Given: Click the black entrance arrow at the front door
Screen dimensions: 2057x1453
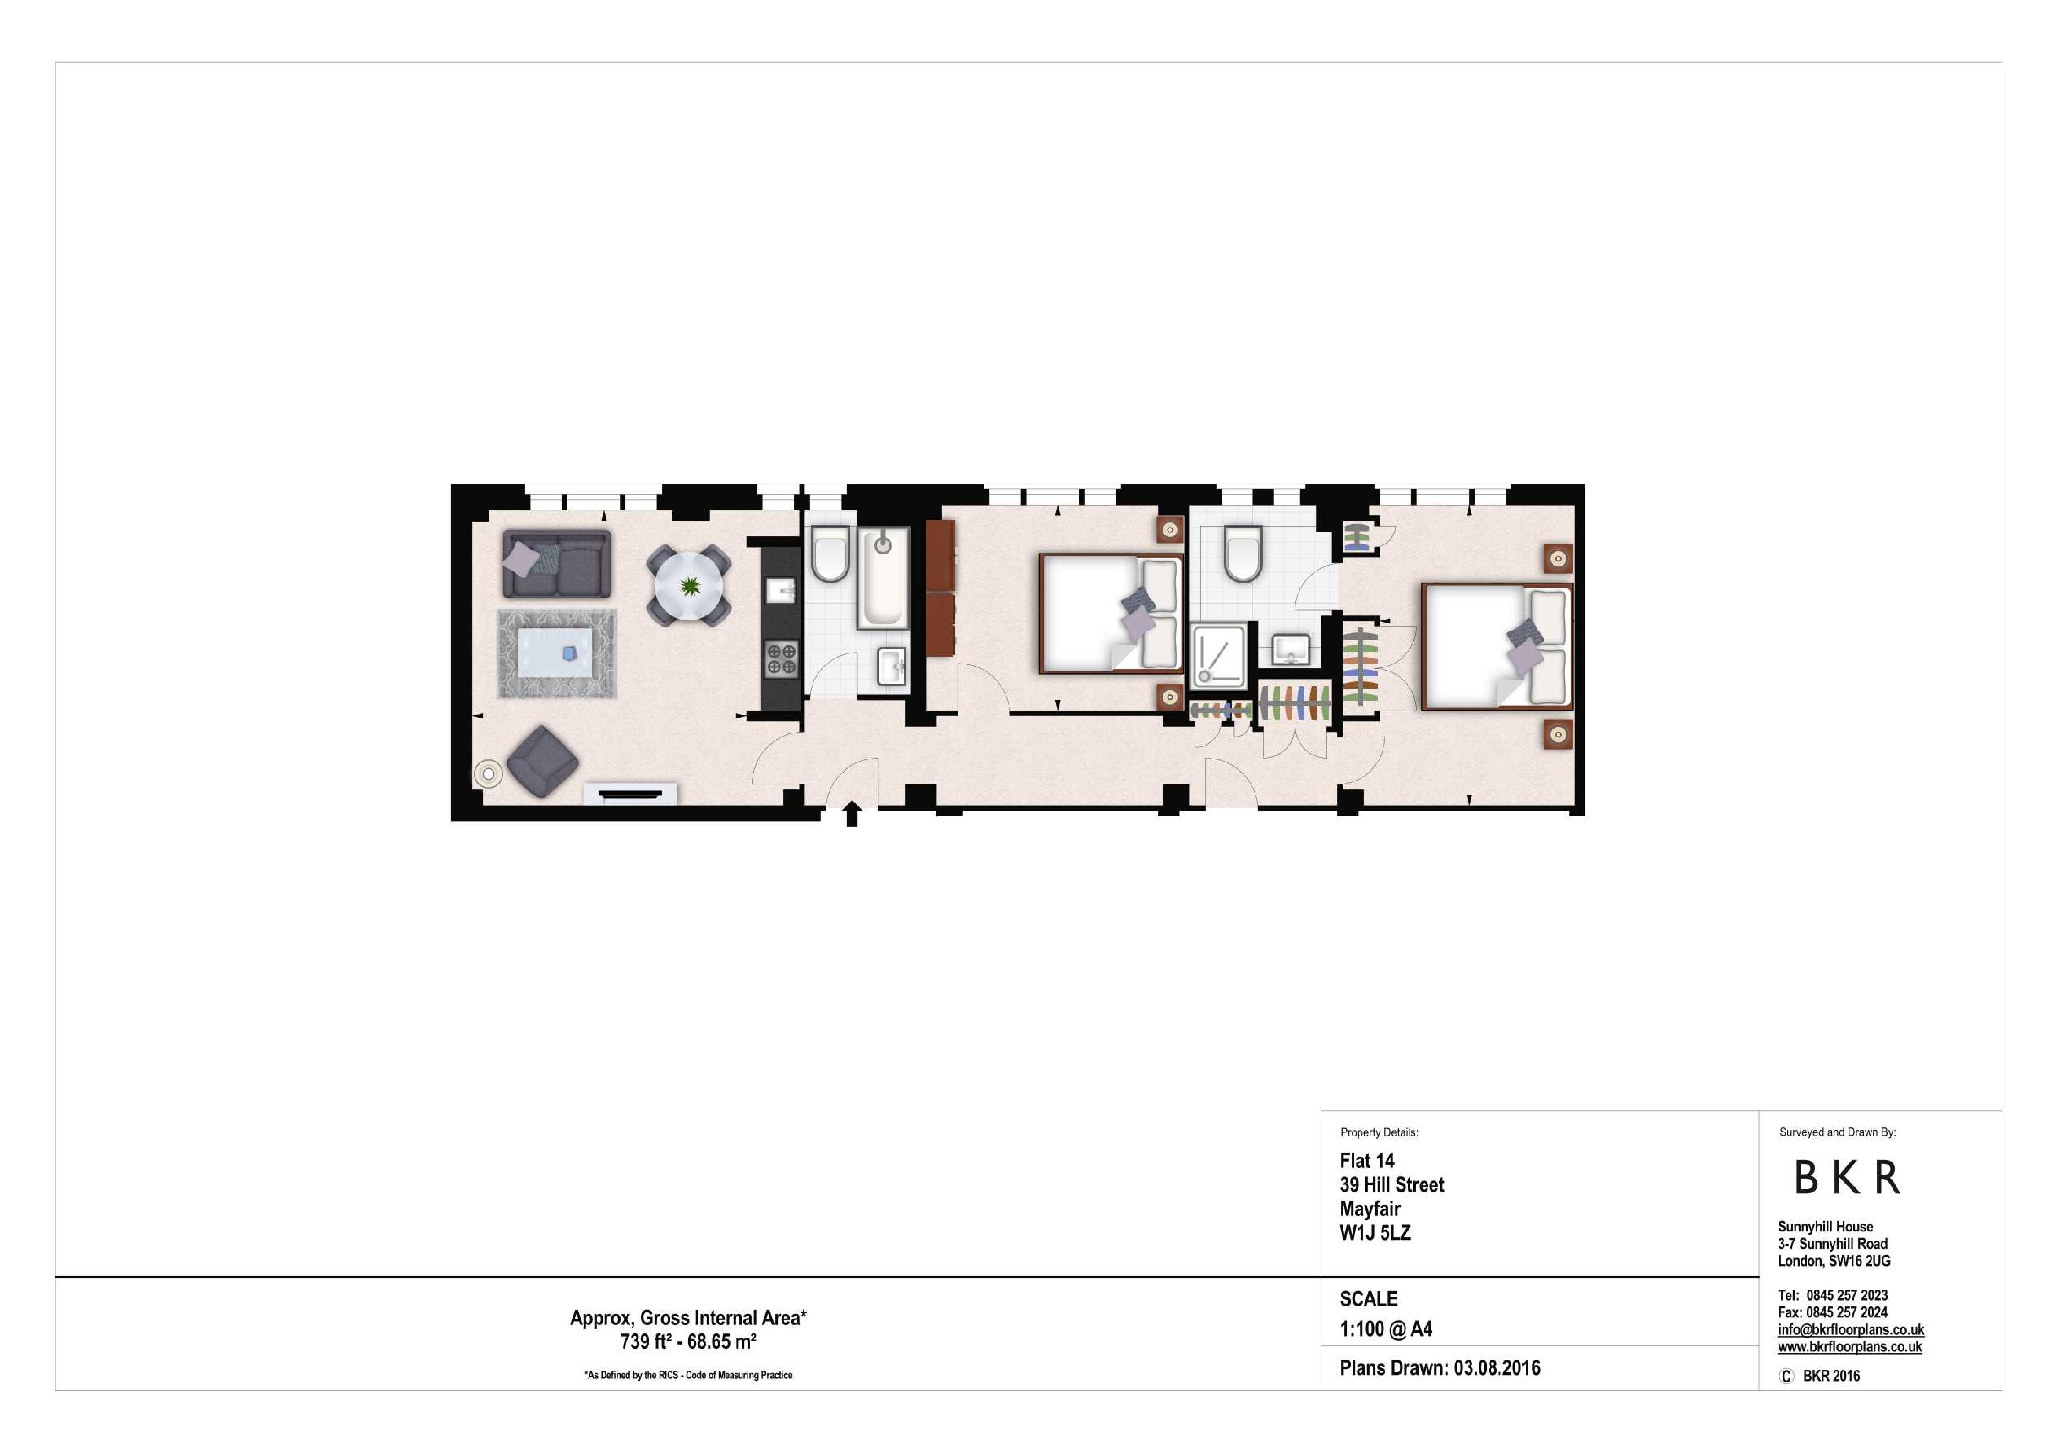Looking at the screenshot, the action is pyautogui.click(x=852, y=814).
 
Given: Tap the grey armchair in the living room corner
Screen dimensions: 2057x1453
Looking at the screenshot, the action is pyautogui.click(x=542, y=762).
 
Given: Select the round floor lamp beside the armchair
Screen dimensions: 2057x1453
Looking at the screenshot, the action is pyautogui.click(x=488, y=773).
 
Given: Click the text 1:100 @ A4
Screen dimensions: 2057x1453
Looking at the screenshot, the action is pyautogui.click(x=1386, y=1329).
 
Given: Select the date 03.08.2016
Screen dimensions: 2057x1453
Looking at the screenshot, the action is pyautogui.click(x=1497, y=1368).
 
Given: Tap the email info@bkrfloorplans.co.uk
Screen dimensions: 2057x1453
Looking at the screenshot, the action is pyautogui.click(x=1851, y=1329).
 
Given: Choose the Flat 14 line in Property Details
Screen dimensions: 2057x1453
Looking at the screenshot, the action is pyautogui.click(x=1367, y=1161).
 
